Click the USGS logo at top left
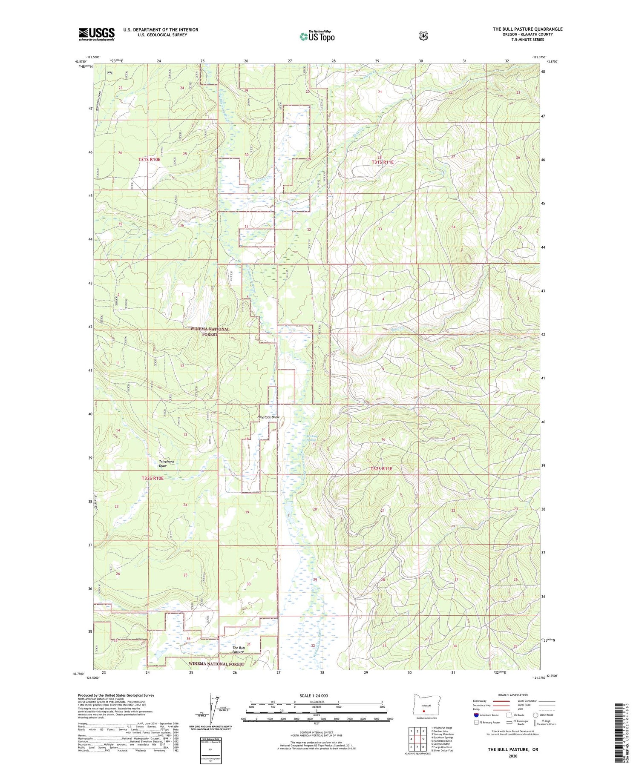coord(96,34)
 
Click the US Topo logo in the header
coord(317,36)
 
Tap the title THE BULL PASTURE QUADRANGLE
coord(527,29)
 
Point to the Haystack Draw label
coord(268,417)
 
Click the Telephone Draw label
coord(166,463)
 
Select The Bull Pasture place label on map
coord(238,650)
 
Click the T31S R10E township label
coord(149,159)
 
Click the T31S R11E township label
coord(382,162)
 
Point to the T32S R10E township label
coord(152,478)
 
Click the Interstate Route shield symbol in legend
coord(476,715)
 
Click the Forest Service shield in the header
coord(423,36)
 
